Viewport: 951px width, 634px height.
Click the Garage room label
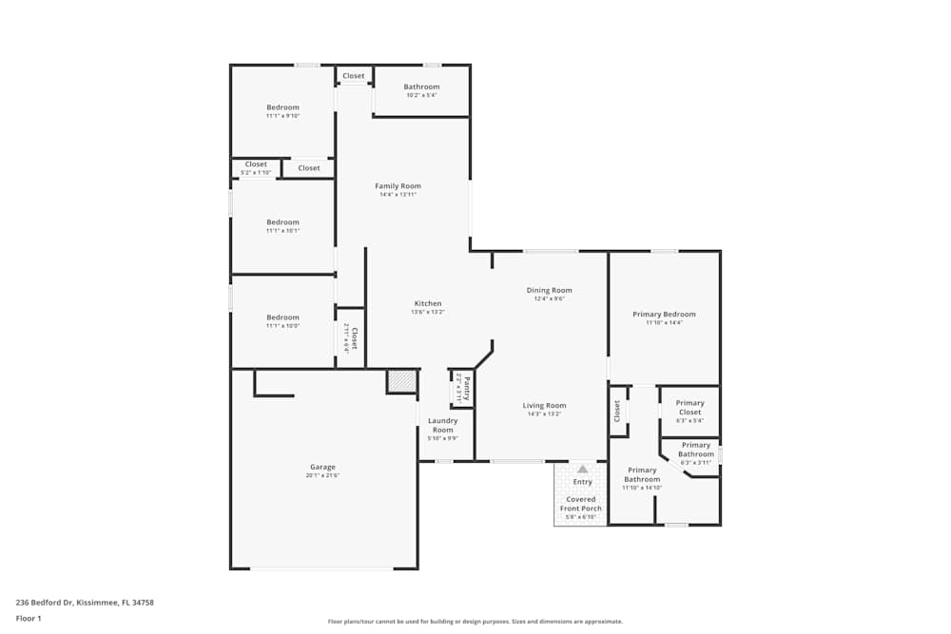point(322,467)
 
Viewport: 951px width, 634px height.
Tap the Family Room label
point(398,186)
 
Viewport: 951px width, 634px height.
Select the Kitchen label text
point(427,303)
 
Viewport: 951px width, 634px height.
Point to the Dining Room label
point(549,290)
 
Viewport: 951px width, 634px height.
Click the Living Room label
point(544,405)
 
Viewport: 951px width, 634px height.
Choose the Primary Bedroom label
point(664,314)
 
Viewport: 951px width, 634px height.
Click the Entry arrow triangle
point(582,469)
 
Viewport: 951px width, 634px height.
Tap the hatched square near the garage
point(400,381)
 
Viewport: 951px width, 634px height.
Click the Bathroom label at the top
point(421,86)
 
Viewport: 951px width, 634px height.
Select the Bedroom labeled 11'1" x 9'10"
point(282,107)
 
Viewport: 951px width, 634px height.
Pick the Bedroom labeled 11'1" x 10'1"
point(282,222)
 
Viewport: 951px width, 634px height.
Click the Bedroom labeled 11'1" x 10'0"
point(282,317)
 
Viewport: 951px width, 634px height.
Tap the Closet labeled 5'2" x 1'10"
point(256,164)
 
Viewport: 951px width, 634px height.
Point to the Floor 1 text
point(29,618)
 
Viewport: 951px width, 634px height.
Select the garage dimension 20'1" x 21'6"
point(322,475)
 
